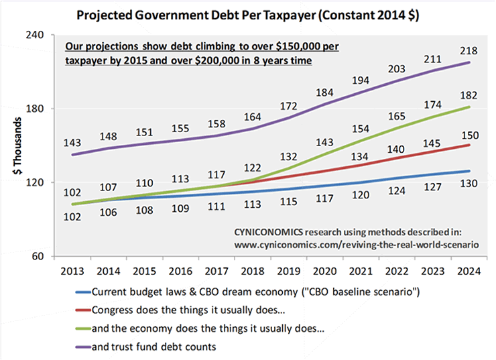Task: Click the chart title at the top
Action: pyautogui.click(x=247, y=15)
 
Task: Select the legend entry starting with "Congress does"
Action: pyautogui.click(x=174, y=310)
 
